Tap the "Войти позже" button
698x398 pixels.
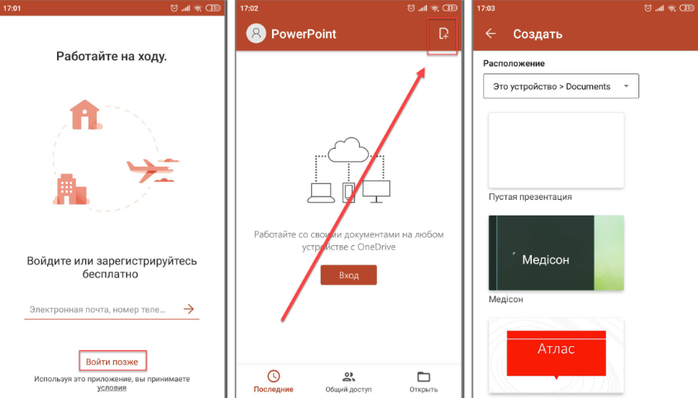(112, 362)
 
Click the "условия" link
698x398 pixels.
(112, 388)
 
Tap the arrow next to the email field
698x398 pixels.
(189, 309)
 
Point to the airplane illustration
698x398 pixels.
(152, 169)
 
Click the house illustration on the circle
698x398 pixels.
(84, 114)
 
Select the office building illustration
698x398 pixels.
(71, 189)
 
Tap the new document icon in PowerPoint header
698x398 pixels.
(443, 34)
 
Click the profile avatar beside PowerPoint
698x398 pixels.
(256, 33)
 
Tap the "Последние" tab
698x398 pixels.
(273, 381)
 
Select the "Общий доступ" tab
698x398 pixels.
(348, 382)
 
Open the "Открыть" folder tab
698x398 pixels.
(423, 382)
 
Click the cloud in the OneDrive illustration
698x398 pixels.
(348, 149)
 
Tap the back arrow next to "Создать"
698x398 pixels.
(490, 33)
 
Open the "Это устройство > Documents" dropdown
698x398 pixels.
(561, 86)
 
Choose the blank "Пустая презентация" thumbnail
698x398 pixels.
(556, 150)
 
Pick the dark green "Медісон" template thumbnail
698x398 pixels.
(556, 253)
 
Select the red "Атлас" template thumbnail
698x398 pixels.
(556, 355)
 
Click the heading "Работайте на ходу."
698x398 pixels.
(112, 56)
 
